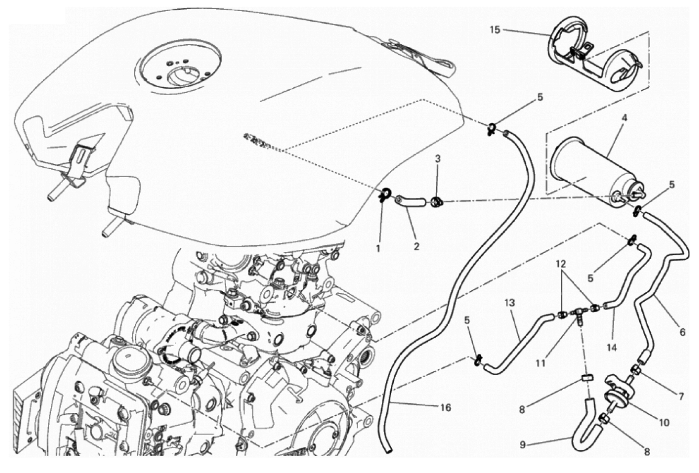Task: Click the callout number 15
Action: click(x=495, y=30)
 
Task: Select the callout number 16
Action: click(x=447, y=407)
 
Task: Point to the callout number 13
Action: click(x=509, y=303)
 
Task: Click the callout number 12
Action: click(x=560, y=265)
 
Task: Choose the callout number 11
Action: click(x=540, y=363)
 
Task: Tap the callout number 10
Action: click(x=664, y=423)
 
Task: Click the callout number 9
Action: click(x=523, y=445)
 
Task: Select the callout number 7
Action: click(x=681, y=396)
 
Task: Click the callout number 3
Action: click(x=438, y=158)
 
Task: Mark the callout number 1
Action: click(x=378, y=249)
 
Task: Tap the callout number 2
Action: click(x=417, y=247)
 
